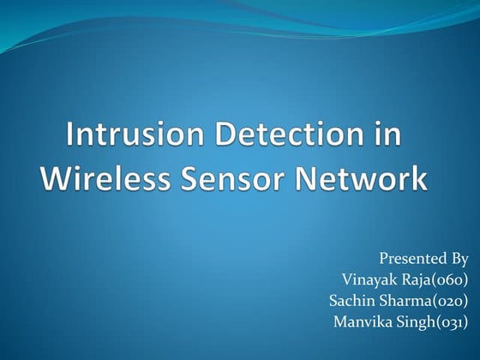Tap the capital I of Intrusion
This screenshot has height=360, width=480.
click(x=71, y=137)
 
